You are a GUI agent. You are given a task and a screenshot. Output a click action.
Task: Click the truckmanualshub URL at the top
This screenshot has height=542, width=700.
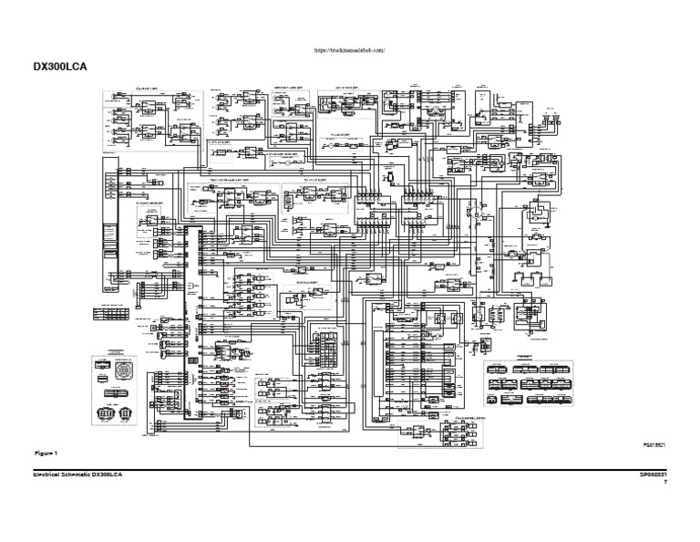350,51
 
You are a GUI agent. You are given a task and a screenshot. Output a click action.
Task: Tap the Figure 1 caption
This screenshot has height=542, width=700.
46,453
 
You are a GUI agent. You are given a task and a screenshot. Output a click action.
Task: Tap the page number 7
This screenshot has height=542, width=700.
665,484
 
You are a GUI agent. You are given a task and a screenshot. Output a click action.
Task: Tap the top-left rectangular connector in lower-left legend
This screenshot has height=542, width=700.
106,363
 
